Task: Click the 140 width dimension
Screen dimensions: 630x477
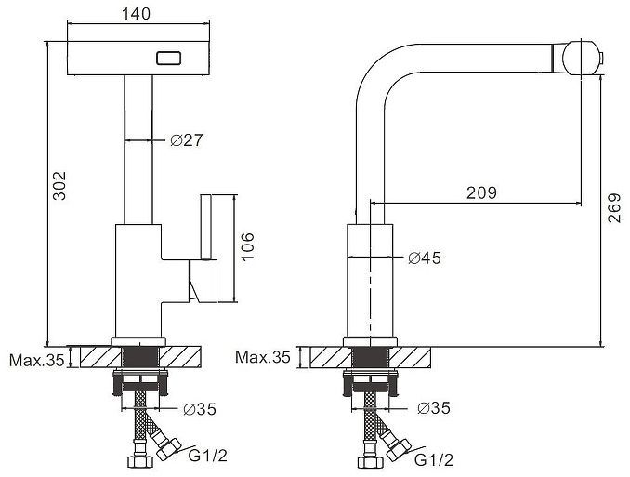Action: [x=137, y=14]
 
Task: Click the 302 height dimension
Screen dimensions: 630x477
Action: [x=59, y=186]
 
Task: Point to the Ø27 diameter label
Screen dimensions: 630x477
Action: [x=187, y=140]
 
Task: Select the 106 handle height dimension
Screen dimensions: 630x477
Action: [x=247, y=246]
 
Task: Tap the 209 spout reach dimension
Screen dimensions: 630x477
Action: [x=481, y=193]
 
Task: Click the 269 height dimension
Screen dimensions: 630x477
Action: [x=614, y=208]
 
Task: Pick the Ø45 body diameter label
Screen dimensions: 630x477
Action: [x=425, y=258]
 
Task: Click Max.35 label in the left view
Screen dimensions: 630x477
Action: [x=36, y=360]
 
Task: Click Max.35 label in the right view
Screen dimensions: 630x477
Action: [x=262, y=357]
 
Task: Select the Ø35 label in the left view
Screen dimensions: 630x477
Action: [x=200, y=409]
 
